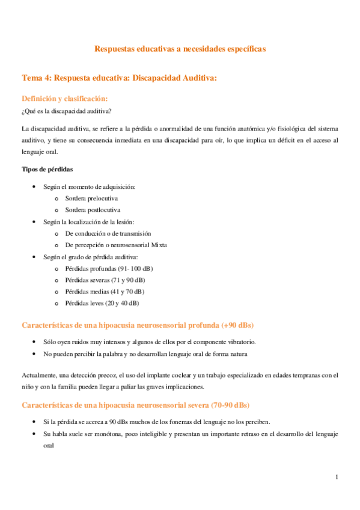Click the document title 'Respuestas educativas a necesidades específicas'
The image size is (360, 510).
coord(180,49)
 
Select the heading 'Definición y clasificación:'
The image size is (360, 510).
coord(65,98)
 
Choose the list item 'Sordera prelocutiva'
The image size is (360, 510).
coord(92,198)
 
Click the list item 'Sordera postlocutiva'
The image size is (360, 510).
coord(93,210)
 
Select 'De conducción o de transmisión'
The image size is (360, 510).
coord(108,233)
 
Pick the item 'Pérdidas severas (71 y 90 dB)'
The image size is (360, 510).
coord(105,280)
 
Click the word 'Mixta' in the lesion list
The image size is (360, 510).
coord(159,245)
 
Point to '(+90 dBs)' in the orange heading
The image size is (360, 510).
coord(238,325)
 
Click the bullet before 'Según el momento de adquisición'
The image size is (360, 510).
coord(37,187)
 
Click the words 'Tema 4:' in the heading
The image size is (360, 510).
coord(37,78)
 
